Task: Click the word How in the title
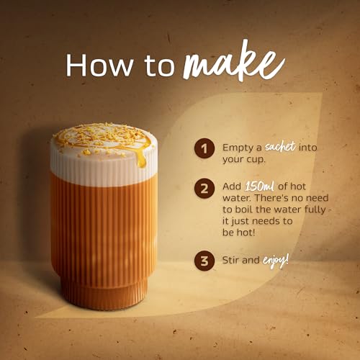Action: coord(99,65)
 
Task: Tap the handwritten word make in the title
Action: coord(234,63)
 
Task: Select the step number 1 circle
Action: coord(204,148)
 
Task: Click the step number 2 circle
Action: coord(204,189)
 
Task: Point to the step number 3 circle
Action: coord(204,261)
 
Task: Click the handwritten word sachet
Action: coord(280,146)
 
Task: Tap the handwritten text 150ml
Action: coord(260,186)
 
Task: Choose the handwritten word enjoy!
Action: coord(275,260)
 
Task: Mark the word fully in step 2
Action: coord(315,210)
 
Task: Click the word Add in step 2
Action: coord(232,186)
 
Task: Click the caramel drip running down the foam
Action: coord(141,158)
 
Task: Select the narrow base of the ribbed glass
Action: coord(104,294)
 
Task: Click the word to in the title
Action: coord(160,67)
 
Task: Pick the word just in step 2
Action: coord(238,222)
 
